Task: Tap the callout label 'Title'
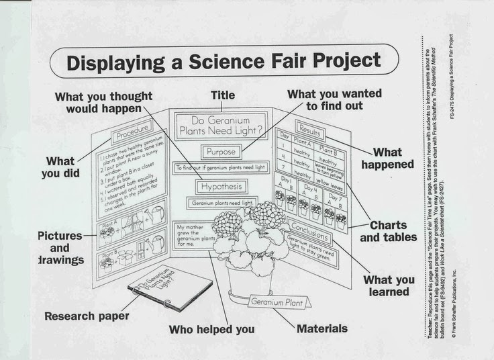point(223,95)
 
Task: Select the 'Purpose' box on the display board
point(221,152)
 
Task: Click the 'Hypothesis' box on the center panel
point(221,186)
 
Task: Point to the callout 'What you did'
point(60,167)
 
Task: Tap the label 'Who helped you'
point(211,329)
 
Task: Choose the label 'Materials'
point(322,328)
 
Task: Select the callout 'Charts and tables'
point(388,231)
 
